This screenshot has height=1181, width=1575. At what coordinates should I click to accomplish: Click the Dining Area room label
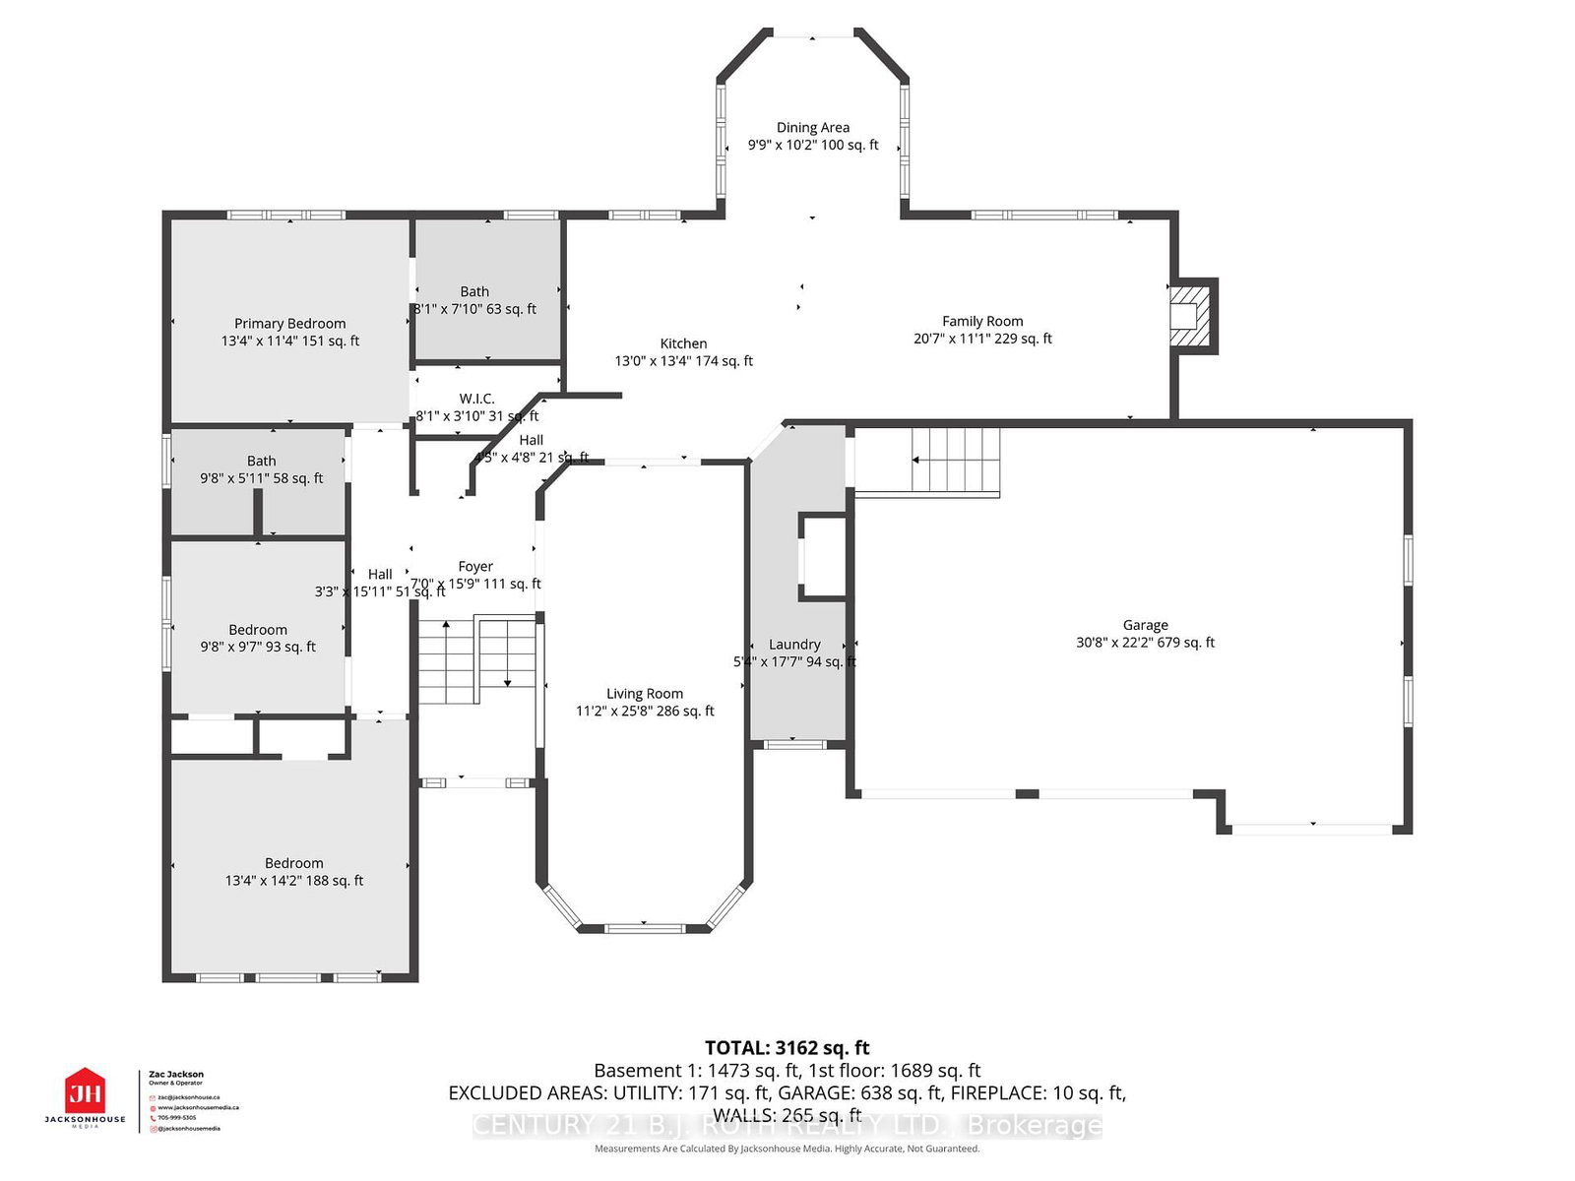pyautogui.click(x=812, y=127)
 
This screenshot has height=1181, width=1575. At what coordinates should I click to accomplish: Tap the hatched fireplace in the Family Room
pyautogui.click(x=1188, y=316)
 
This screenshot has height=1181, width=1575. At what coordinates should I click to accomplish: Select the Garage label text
pyautogui.click(x=1145, y=625)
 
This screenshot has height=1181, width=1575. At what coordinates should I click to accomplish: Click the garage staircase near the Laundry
pyautogui.click(x=954, y=460)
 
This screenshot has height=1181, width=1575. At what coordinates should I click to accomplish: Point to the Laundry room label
pyautogui.click(x=794, y=645)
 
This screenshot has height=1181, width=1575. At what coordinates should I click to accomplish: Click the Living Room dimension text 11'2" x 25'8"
pyautogui.click(x=645, y=711)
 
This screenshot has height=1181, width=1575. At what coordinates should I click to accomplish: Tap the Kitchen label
pyautogui.click(x=683, y=343)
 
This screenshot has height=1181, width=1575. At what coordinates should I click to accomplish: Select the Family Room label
pyautogui.click(x=981, y=321)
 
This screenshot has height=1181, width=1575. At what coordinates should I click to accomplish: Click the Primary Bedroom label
pyautogui.click(x=289, y=323)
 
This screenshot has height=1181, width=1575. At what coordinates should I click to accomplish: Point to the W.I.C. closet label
pyautogui.click(x=476, y=399)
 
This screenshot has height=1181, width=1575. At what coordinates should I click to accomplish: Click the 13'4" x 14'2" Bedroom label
pyautogui.click(x=293, y=863)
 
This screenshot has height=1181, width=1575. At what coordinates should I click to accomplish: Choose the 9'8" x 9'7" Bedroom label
pyautogui.click(x=258, y=630)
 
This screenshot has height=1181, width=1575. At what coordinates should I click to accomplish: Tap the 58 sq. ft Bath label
pyautogui.click(x=261, y=461)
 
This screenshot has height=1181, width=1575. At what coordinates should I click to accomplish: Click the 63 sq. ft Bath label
pyautogui.click(x=474, y=291)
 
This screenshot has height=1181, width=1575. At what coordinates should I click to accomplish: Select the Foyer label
pyautogui.click(x=475, y=566)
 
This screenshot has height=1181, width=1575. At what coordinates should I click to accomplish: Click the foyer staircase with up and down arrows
pyautogui.click(x=476, y=659)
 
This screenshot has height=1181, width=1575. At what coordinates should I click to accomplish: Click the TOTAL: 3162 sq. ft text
pyautogui.click(x=787, y=1047)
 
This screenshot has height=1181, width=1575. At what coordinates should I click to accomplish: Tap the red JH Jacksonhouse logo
pyautogui.click(x=85, y=1092)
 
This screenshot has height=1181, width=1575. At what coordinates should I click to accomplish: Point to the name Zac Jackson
pyautogui.click(x=176, y=1075)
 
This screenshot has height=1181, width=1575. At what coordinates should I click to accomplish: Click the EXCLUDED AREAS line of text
pyautogui.click(x=787, y=1092)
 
